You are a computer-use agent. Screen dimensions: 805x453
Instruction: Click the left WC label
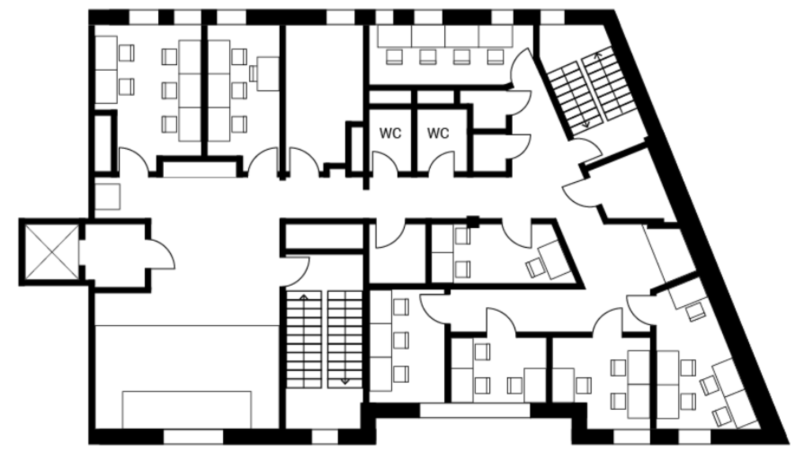click(x=390, y=134)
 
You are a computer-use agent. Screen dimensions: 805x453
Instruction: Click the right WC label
click(x=438, y=134)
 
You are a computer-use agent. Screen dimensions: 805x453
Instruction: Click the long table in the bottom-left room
click(x=187, y=409)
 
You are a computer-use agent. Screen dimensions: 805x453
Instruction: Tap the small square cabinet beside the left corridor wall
click(x=107, y=197)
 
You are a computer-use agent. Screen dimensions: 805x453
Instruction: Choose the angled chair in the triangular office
click(x=535, y=268)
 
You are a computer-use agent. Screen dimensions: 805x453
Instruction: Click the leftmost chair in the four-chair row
click(x=394, y=57)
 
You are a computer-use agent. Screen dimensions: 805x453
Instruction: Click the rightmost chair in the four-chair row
click(x=495, y=57)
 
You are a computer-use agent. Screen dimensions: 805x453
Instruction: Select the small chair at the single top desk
click(x=253, y=73)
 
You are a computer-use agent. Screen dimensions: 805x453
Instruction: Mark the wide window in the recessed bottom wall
click(x=475, y=410)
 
